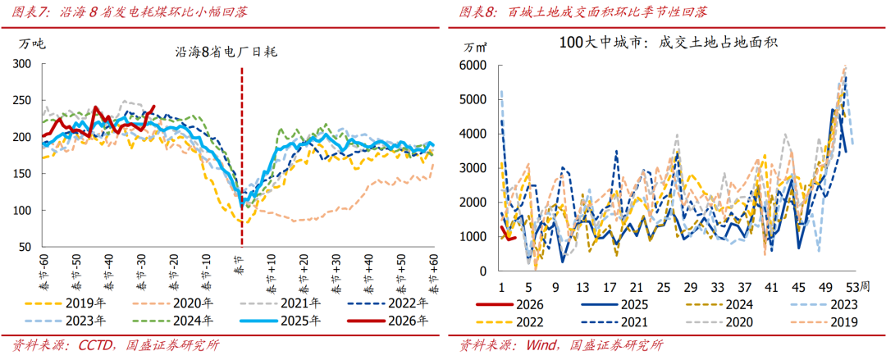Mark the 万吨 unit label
[x=33, y=43]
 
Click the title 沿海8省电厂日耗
[x=227, y=51]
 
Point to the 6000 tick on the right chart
[x=473, y=65]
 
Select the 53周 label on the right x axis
[x=852, y=288]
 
